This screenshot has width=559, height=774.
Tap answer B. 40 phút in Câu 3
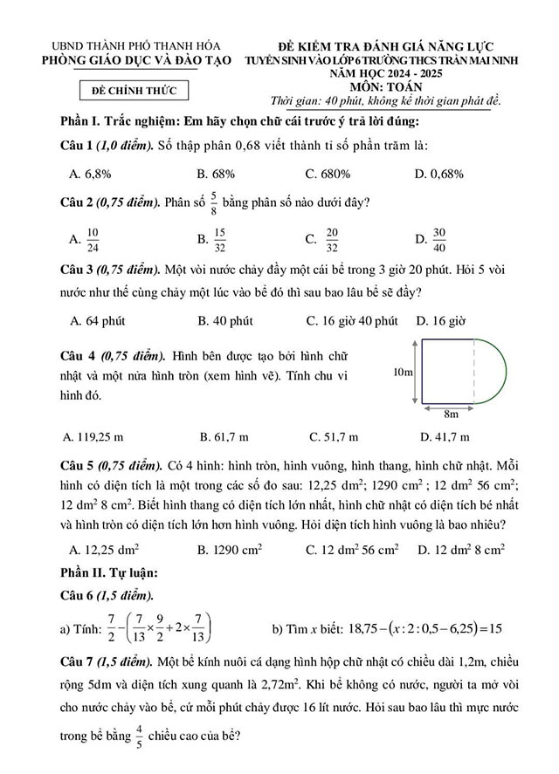pyautogui.click(x=225, y=321)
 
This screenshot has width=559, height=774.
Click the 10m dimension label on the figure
pyautogui.click(x=403, y=372)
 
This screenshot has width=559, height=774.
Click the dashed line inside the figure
pyautogui.click(x=475, y=372)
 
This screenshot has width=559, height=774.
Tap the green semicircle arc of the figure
pyautogui.click(x=504, y=371)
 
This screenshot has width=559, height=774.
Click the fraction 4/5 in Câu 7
pyautogui.click(x=138, y=738)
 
